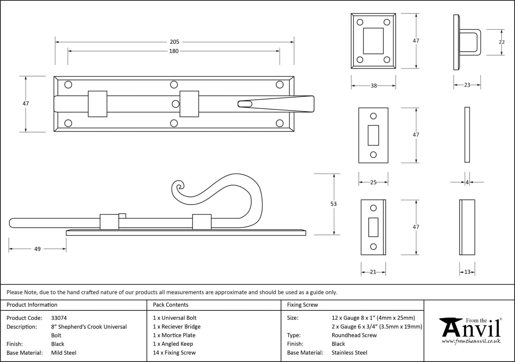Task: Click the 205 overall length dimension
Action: pyautogui.click(x=175, y=42)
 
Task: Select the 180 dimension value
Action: pyautogui.click(x=174, y=51)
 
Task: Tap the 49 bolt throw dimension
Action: pyautogui.click(x=37, y=249)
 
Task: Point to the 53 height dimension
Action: pyautogui.click(x=333, y=204)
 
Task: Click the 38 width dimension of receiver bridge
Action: pyautogui.click(x=374, y=86)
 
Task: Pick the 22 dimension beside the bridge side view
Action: pyautogui.click(x=502, y=42)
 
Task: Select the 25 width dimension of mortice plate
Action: pyautogui.click(x=373, y=182)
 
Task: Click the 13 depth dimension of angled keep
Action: pyautogui.click(x=467, y=272)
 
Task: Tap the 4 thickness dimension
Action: pyautogui.click(x=467, y=182)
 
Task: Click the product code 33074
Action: pyautogui.click(x=59, y=318)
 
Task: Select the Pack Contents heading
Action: pyautogui.click(x=170, y=305)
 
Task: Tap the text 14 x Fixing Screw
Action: pyautogui.click(x=174, y=353)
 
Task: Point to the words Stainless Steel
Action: pyautogui.click(x=349, y=353)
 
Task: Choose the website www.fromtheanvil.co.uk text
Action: pyautogui.click(x=471, y=341)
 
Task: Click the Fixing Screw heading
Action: pyautogui.click(x=303, y=305)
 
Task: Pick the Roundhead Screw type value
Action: pyautogui.click(x=354, y=335)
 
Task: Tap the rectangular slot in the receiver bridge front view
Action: pyautogui.click(x=373, y=41)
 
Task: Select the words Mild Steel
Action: pyautogui.click(x=64, y=353)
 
